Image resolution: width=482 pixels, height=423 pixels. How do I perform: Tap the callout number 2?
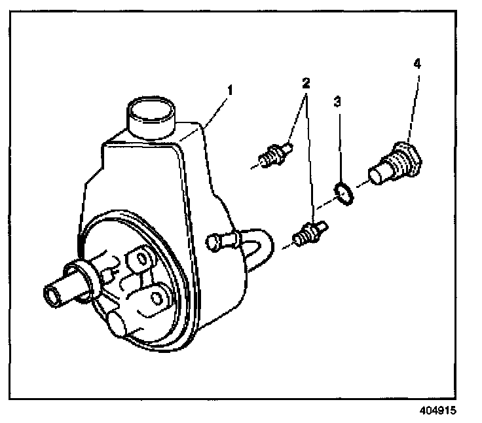click(305, 83)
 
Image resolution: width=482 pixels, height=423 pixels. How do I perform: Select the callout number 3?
click(337, 102)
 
